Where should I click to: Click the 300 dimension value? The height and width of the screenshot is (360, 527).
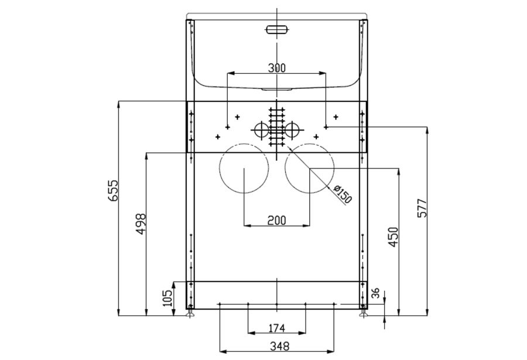point(276,68)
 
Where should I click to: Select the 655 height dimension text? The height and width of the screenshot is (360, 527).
point(113,191)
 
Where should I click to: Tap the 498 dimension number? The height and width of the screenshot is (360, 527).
point(141,224)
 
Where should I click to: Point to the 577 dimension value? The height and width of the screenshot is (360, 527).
point(422,208)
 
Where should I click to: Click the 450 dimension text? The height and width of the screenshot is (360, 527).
point(393,237)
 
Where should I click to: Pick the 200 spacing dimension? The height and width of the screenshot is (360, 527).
point(276,221)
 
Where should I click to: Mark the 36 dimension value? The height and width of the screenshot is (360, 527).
point(375,293)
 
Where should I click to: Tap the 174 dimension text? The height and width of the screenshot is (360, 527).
point(276,328)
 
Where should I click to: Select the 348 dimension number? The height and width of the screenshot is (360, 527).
point(279,346)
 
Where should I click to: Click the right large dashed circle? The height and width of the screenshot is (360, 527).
point(310,143)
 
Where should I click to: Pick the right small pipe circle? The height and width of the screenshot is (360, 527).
point(285,130)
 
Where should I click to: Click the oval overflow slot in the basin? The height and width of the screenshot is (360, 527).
point(276,30)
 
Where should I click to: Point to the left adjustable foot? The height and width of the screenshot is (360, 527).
point(190,312)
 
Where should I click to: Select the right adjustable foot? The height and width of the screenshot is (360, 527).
point(363,312)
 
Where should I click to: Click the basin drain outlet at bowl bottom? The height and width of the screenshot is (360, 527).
point(276,90)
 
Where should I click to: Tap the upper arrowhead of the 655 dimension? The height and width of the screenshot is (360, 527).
point(118,104)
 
